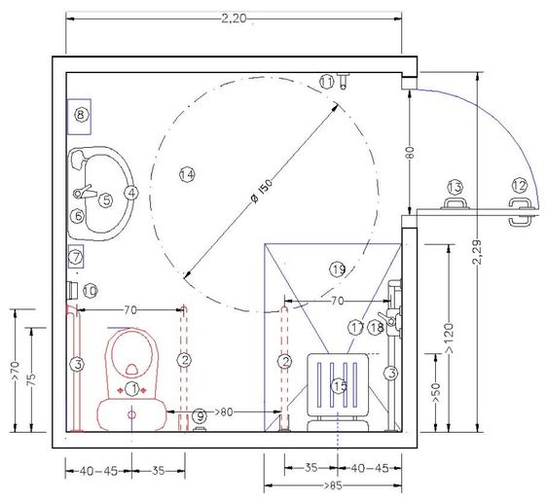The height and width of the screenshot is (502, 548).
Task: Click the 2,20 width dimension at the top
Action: click(235, 18)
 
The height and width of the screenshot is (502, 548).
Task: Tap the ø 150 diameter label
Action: click(262, 191)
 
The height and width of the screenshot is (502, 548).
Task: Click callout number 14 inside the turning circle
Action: click(187, 174)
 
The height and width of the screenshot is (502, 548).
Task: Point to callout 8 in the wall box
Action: click(81, 115)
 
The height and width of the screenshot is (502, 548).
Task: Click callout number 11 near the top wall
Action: click(327, 82)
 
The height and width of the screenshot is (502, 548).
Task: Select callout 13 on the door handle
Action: click(455, 187)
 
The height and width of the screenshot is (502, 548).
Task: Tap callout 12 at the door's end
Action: click(520, 185)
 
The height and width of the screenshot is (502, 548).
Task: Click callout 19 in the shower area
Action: click(338, 269)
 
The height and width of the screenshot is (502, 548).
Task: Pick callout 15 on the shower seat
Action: click(340, 385)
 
